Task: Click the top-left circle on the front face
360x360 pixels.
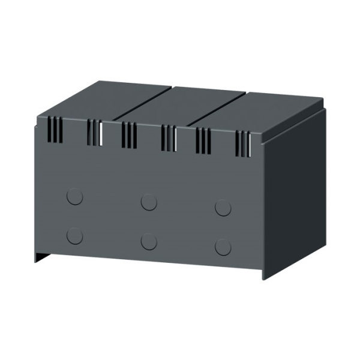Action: pyautogui.click(x=75, y=197)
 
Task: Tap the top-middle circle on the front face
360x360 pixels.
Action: pyautogui.click(x=149, y=202)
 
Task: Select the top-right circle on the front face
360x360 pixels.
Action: pyautogui.click(x=223, y=208)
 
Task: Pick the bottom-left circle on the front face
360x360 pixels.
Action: pyautogui.click(x=75, y=236)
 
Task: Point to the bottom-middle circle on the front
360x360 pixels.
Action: pyautogui.click(x=149, y=241)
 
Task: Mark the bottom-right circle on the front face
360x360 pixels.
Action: pyautogui.click(x=223, y=247)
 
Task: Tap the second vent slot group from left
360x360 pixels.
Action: pyautogui.click(x=95, y=133)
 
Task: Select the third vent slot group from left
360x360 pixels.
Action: pyautogui.click(x=129, y=135)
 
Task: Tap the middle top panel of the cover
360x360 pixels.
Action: pyautogui.click(x=180, y=106)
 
